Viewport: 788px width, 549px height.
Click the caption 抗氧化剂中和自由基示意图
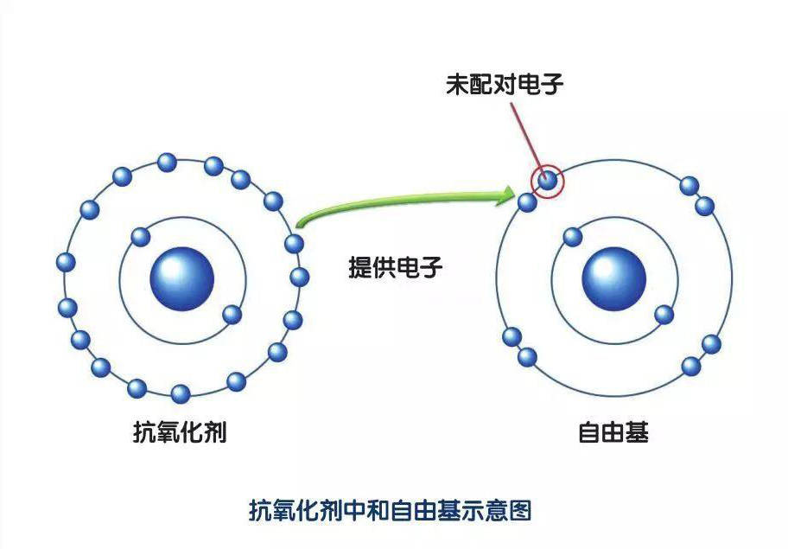(x=390, y=510)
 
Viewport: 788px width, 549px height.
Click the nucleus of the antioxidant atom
(x=181, y=278)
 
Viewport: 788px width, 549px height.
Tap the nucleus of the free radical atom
(x=613, y=278)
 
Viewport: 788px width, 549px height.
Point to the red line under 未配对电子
(x=525, y=134)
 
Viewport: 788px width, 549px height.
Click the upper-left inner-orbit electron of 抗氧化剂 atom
(x=139, y=237)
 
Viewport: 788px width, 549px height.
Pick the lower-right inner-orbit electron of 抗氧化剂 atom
(x=232, y=314)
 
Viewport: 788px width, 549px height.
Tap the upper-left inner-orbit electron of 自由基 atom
(x=571, y=237)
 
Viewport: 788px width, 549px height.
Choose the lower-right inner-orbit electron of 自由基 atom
(x=664, y=314)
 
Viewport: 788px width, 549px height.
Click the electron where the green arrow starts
(x=295, y=244)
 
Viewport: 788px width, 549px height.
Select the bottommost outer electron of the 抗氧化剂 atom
(x=181, y=394)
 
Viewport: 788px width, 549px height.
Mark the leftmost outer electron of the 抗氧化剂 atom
(x=65, y=262)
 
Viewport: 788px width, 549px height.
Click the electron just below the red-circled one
(x=528, y=202)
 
